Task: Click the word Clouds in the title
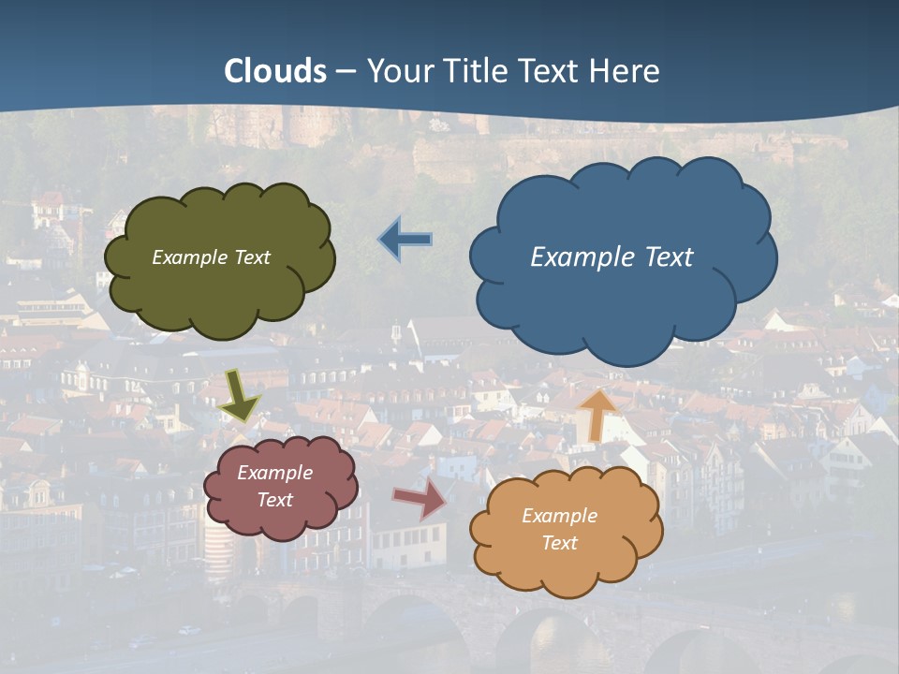point(275,70)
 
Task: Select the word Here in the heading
point(626,70)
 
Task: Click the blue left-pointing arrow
point(405,240)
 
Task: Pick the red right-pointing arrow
point(420,497)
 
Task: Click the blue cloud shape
point(623,300)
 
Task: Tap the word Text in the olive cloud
point(251,256)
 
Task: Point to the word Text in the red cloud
point(275,500)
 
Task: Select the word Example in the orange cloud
point(559,516)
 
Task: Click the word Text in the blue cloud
point(668,256)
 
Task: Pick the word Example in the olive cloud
point(190,256)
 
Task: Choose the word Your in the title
point(397,70)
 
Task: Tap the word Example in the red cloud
point(275,473)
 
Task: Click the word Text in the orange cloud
point(559,543)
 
